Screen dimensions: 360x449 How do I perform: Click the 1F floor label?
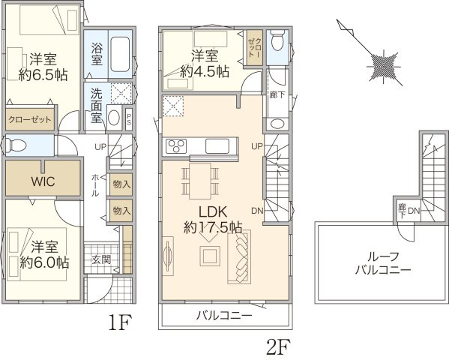pyautogui.click(x=120, y=325)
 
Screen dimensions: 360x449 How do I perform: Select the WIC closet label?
pyautogui.click(x=42, y=181)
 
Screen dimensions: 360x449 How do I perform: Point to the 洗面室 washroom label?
pyautogui.click(x=97, y=106)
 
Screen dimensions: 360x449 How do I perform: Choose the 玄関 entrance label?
pyautogui.click(x=100, y=259)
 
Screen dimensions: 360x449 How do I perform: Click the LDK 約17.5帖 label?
pyautogui.click(x=211, y=217)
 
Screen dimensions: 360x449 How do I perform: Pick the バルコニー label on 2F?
pyautogui.click(x=224, y=316)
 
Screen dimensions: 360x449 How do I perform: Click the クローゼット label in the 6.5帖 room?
pyautogui.click(x=31, y=118)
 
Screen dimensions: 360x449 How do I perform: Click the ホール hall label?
pyautogui.click(x=94, y=184)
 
